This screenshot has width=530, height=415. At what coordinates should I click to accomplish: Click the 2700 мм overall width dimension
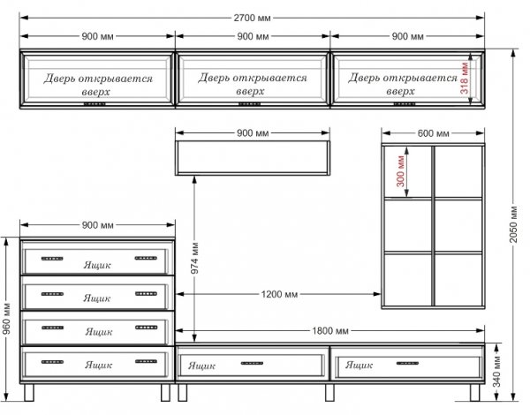pos(252,18)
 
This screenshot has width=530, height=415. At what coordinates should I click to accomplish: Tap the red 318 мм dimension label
pos(465,78)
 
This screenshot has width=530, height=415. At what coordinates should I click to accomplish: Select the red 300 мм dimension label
pos(400,170)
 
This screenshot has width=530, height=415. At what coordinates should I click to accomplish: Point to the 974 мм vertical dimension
pos(194,258)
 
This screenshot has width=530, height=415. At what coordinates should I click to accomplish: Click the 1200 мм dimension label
pos(279,294)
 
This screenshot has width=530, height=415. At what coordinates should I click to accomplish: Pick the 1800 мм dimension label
pos(329,331)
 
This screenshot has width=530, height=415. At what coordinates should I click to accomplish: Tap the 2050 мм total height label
pos(513,224)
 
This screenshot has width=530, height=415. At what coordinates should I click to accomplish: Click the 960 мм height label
pos(6,319)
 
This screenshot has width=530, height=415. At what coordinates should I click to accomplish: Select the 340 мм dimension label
pos(496,372)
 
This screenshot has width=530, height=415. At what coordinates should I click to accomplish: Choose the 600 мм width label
pos(433,133)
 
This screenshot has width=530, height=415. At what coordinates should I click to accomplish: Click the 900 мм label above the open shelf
pos(253,133)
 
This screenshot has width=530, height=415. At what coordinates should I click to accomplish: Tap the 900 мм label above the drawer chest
pos(97,225)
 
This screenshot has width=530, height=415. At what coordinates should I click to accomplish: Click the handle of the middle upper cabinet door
pos(249,104)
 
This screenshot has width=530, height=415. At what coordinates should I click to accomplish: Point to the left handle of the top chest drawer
pos(52,259)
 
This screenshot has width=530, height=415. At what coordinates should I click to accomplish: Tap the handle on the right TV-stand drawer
pos(407,363)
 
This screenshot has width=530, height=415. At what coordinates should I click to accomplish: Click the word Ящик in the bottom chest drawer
pos(98,365)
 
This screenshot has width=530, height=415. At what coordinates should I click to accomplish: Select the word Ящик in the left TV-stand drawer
pos(201,366)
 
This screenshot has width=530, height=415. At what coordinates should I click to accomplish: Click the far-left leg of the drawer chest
pos(29,392)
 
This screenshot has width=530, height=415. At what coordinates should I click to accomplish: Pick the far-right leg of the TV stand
pos(474,392)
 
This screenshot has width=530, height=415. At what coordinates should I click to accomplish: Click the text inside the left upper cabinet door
pos(98,85)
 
